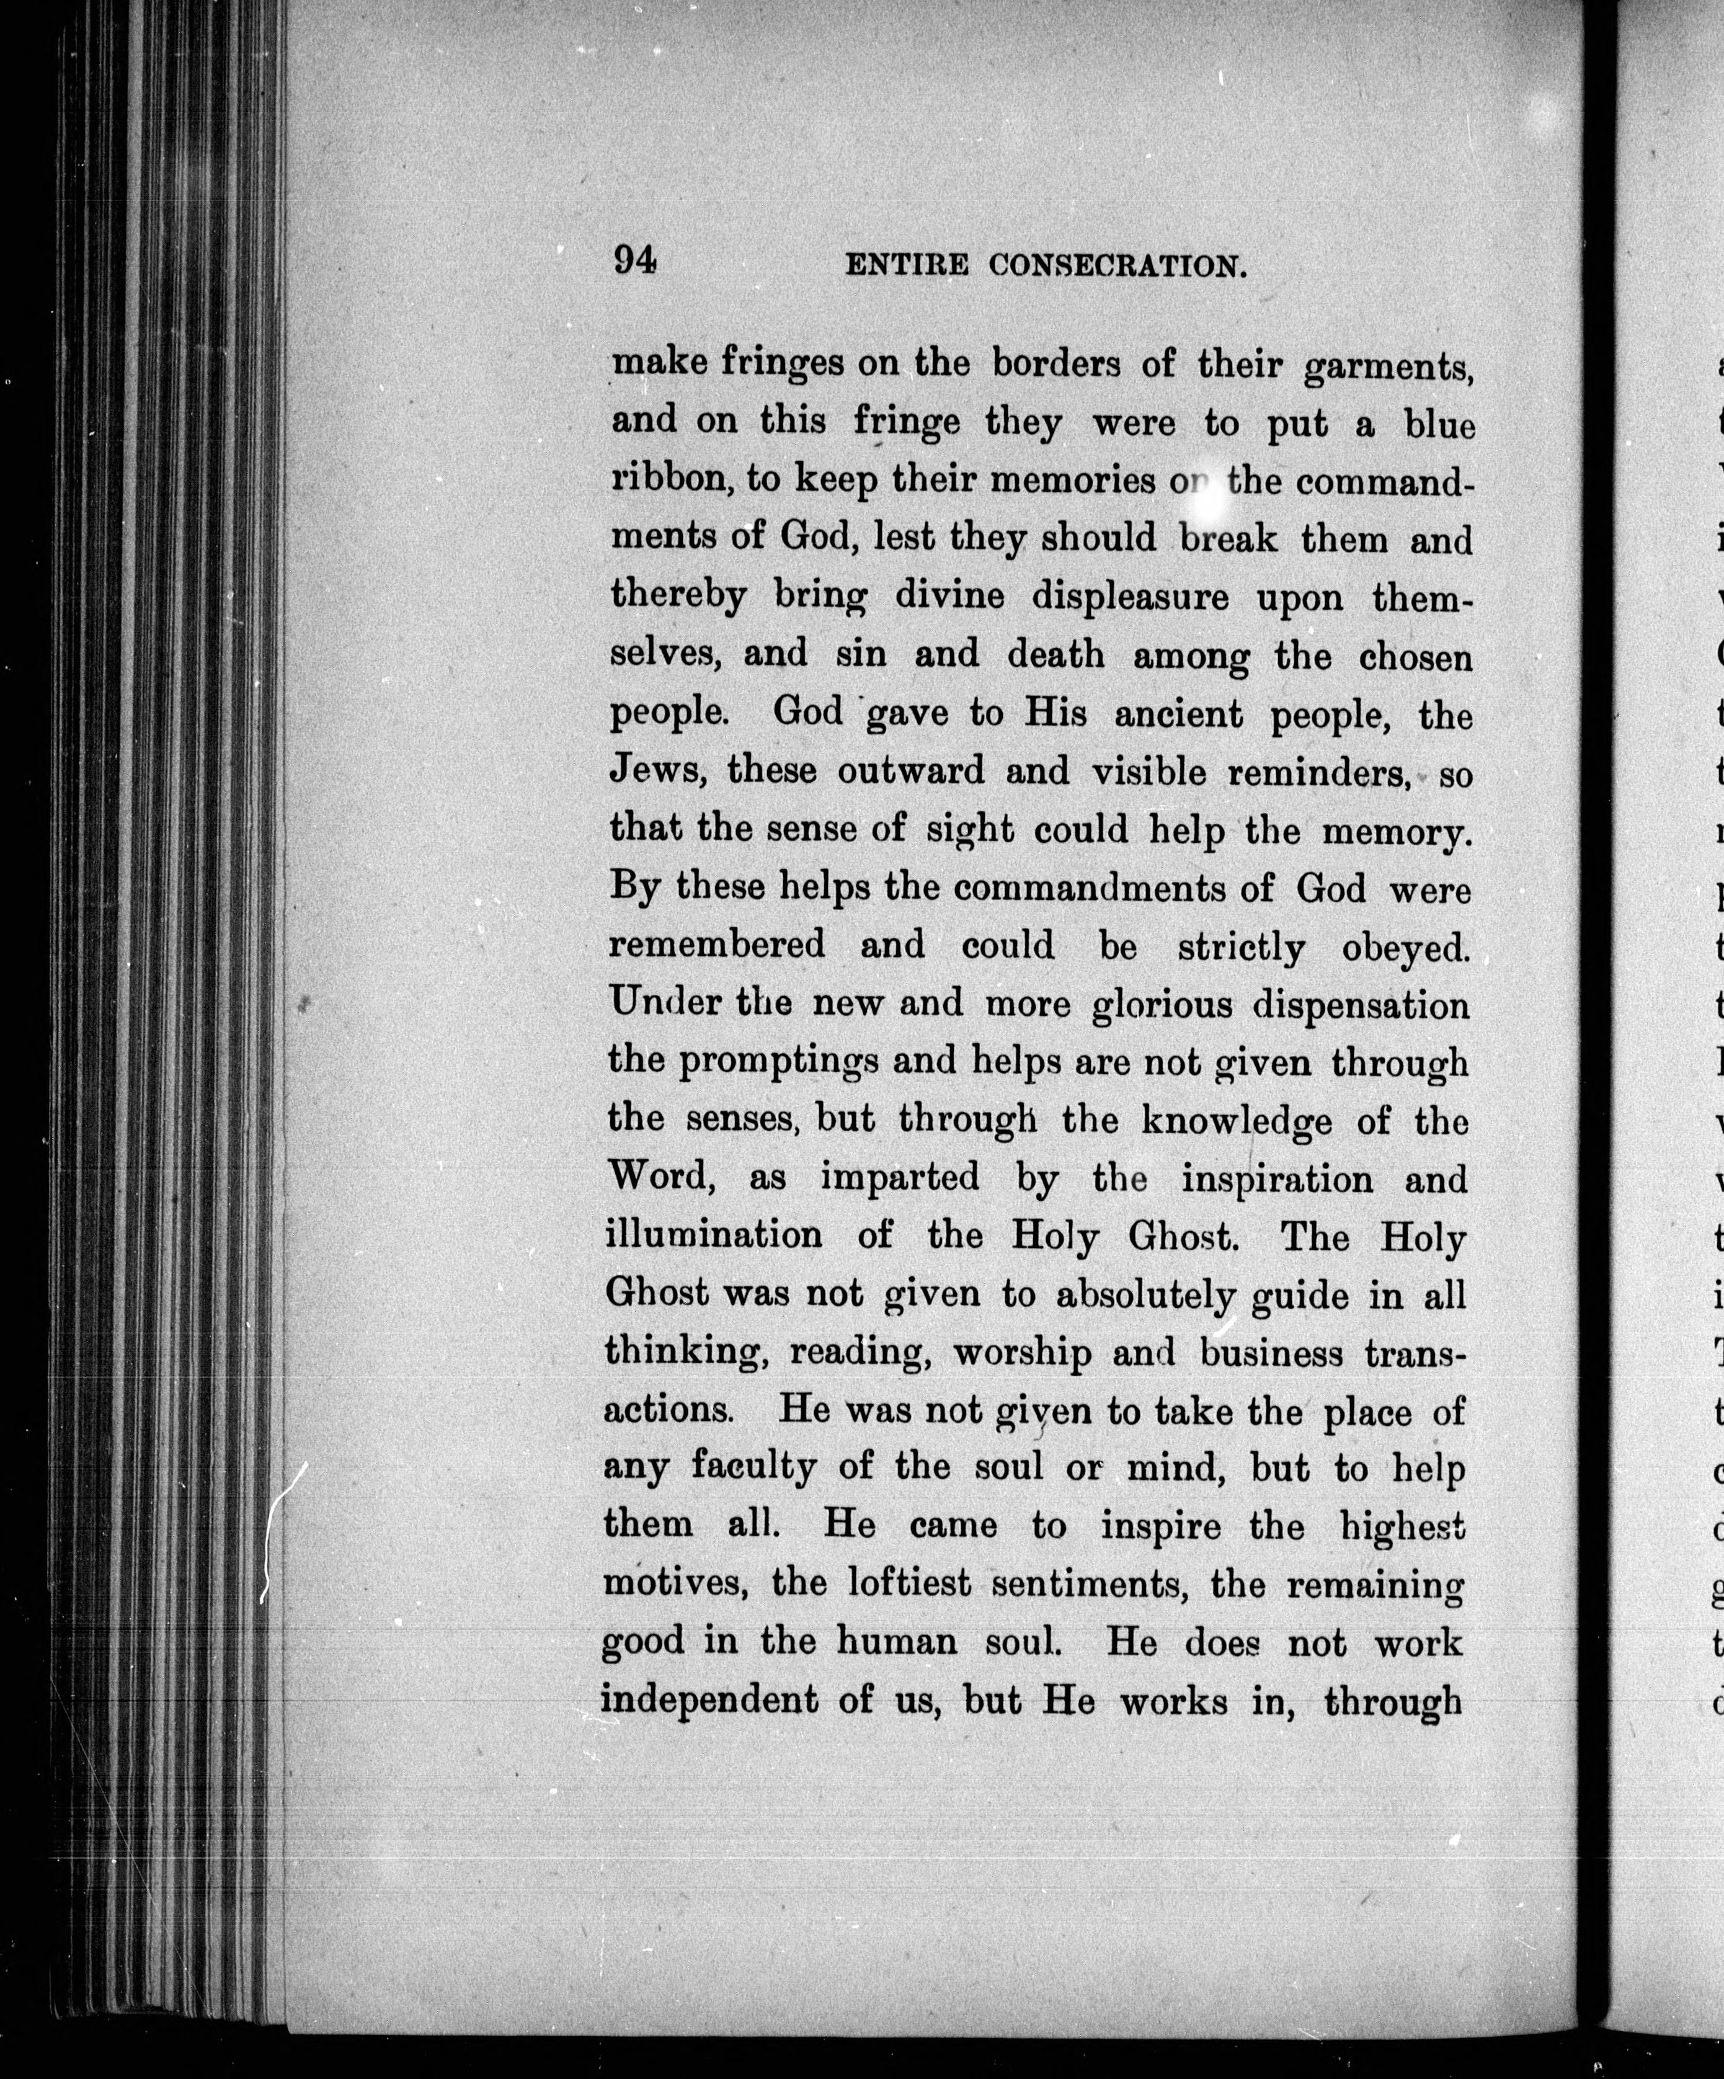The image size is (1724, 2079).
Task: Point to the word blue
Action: tap(1440, 425)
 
